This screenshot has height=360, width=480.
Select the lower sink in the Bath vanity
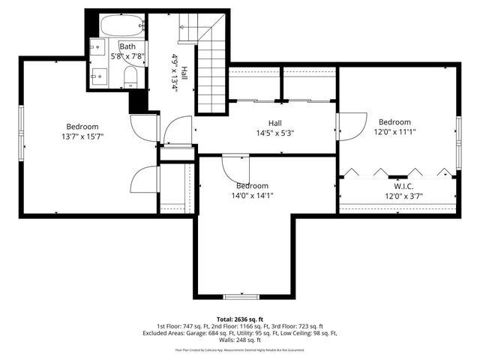pos(98,75)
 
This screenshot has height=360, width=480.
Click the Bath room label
pos(127,46)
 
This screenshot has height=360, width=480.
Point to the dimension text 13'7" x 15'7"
pos(82,136)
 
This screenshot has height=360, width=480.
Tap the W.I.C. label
pos(403,186)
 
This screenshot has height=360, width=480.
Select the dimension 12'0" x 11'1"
pos(394,132)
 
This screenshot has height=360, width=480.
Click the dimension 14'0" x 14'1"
pos(252,196)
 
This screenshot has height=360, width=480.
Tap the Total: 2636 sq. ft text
pos(240,319)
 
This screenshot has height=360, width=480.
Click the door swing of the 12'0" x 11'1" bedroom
pos(351,125)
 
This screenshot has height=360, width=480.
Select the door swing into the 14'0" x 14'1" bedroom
pos(235,167)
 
